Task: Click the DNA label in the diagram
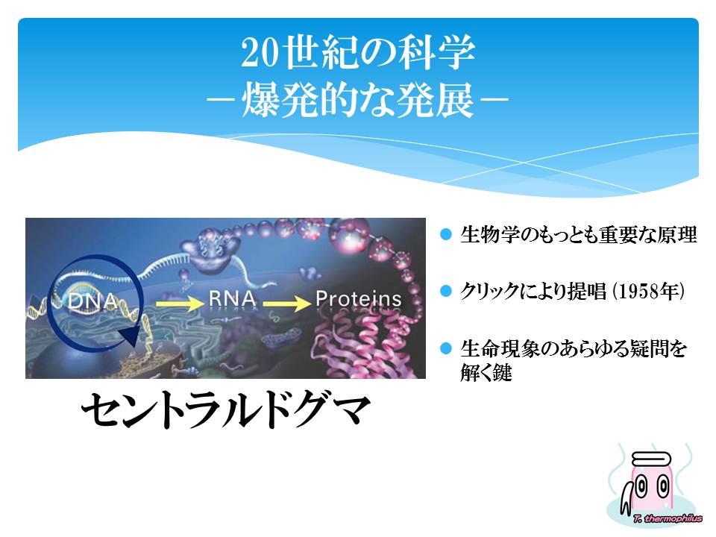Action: coord(92,301)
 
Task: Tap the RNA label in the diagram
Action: coord(232,298)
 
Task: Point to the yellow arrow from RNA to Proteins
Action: coord(286,304)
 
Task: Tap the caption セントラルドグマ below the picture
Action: coord(225,409)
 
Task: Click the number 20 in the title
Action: coord(259,52)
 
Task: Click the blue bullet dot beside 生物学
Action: coord(446,234)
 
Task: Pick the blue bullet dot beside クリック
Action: coord(446,291)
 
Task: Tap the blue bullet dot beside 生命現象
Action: coord(446,348)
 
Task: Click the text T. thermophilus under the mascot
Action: coord(668,518)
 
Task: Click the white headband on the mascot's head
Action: coord(651,459)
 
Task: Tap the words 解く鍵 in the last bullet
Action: coord(486,373)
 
